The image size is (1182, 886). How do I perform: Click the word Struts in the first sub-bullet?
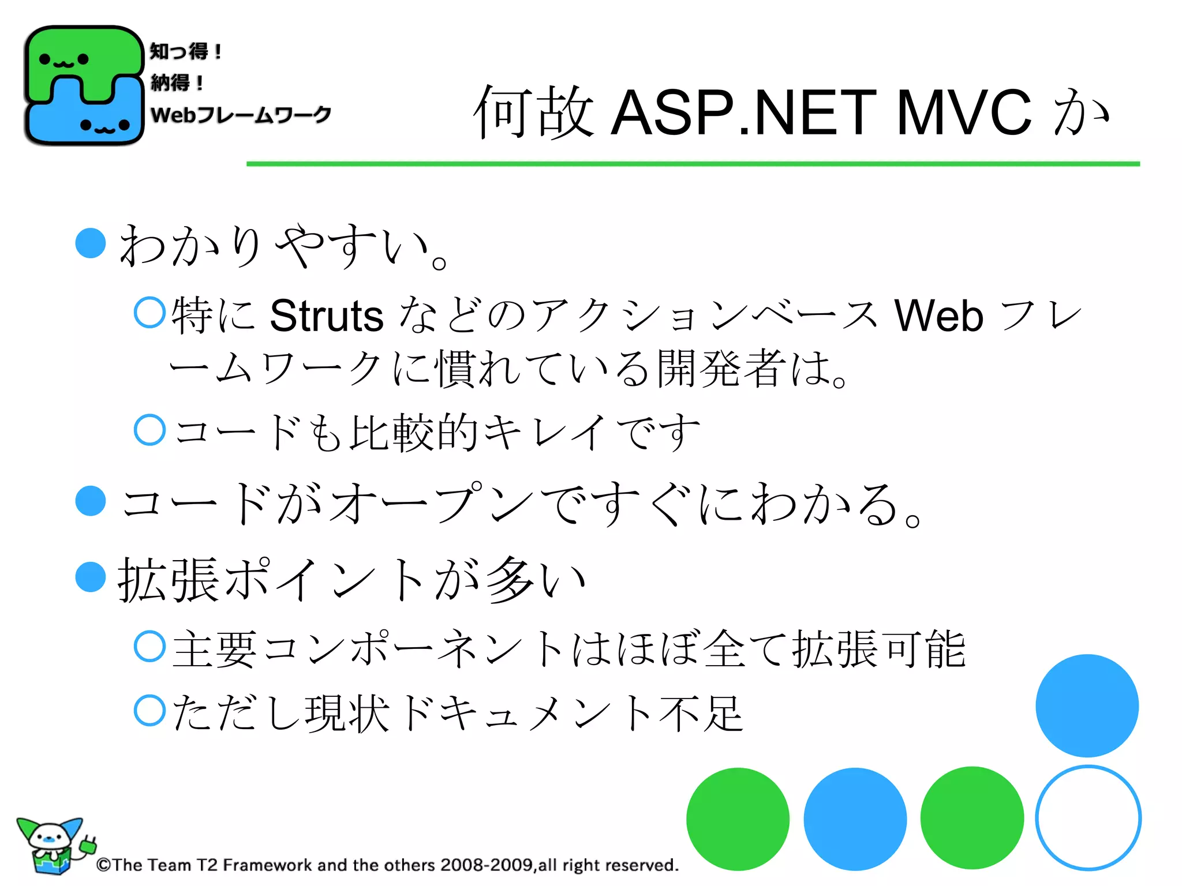[326, 316]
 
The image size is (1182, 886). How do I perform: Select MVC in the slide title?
[963, 112]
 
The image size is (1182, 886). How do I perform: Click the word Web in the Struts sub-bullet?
[938, 316]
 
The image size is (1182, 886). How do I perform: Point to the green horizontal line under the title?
[693, 164]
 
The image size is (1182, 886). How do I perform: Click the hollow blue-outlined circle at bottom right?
[1088, 818]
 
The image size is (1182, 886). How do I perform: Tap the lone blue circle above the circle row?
[1087, 705]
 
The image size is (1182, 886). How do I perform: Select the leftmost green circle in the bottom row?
[738, 819]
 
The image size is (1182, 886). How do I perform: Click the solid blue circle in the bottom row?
[855, 819]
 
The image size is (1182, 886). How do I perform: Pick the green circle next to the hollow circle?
[972, 818]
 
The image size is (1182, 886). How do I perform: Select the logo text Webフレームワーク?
[241, 114]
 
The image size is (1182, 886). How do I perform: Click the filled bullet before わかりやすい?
[91, 243]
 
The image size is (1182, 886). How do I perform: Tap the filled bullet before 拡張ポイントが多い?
[91, 577]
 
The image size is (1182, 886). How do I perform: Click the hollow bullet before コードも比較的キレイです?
[149, 430]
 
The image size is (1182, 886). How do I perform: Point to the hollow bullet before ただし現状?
[149, 710]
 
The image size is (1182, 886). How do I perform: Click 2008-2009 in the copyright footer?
[486, 865]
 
